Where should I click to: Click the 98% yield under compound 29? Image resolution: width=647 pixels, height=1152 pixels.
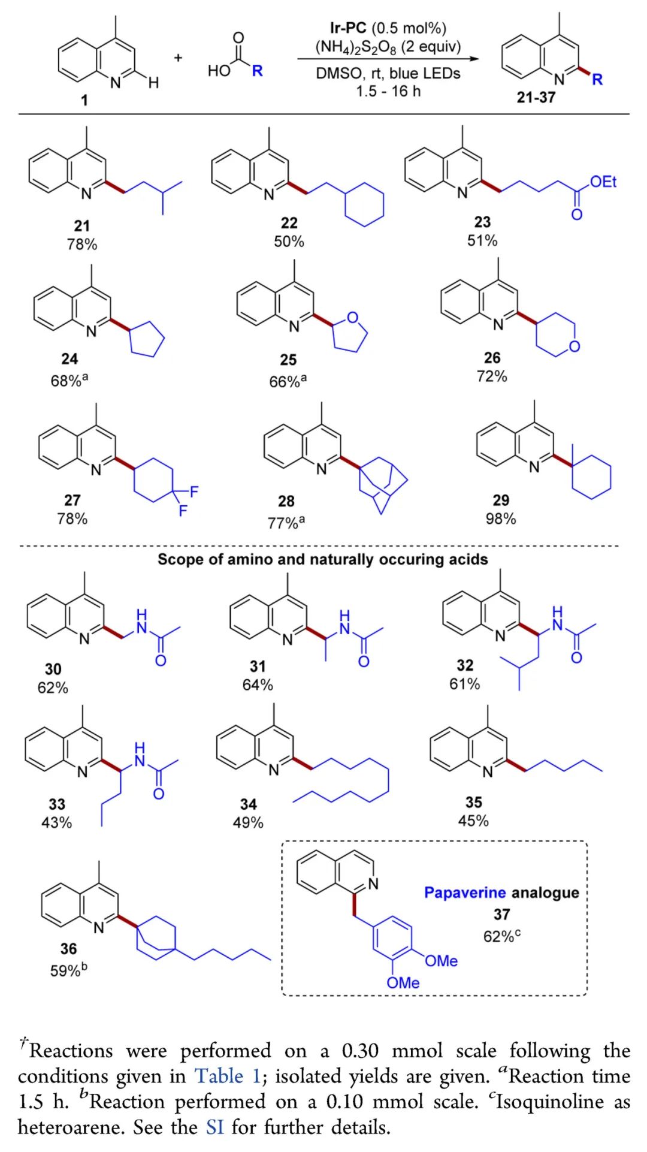pyautogui.click(x=501, y=518)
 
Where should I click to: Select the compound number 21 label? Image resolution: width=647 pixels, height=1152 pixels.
pyautogui.click(x=82, y=226)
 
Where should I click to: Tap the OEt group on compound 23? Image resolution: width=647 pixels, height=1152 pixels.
pyautogui.click(x=603, y=182)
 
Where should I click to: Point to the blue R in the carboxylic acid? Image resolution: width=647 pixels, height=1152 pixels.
pyautogui.click(x=257, y=71)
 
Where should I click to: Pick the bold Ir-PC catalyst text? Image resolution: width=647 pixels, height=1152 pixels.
pyautogui.click(x=347, y=28)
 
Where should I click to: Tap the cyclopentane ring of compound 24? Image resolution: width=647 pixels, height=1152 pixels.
pyautogui.click(x=147, y=340)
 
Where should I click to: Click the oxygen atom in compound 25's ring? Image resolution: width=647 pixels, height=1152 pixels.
pyautogui.click(x=352, y=318)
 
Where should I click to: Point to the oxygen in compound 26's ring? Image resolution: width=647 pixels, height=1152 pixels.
pyautogui.click(x=575, y=346)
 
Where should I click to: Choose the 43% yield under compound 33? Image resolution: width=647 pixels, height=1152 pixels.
pyautogui.click(x=56, y=822)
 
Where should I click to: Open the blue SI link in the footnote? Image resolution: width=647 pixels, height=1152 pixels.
pyautogui.click(x=214, y=1127)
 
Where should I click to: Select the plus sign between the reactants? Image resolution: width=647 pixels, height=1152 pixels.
pyautogui.click(x=178, y=58)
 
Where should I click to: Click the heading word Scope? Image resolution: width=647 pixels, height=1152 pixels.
pyautogui.click(x=177, y=559)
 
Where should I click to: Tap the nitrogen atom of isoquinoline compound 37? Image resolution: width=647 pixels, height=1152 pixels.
pyautogui.click(x=374, y=883)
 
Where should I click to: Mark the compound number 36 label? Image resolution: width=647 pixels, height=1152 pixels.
pyautogui.click(x=68, y=948)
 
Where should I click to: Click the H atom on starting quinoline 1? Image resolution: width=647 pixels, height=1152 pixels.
pyautogui.click(x=153, y=83)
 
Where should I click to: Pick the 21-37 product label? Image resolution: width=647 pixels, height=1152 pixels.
pyautogui.click(x=536, y=97)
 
